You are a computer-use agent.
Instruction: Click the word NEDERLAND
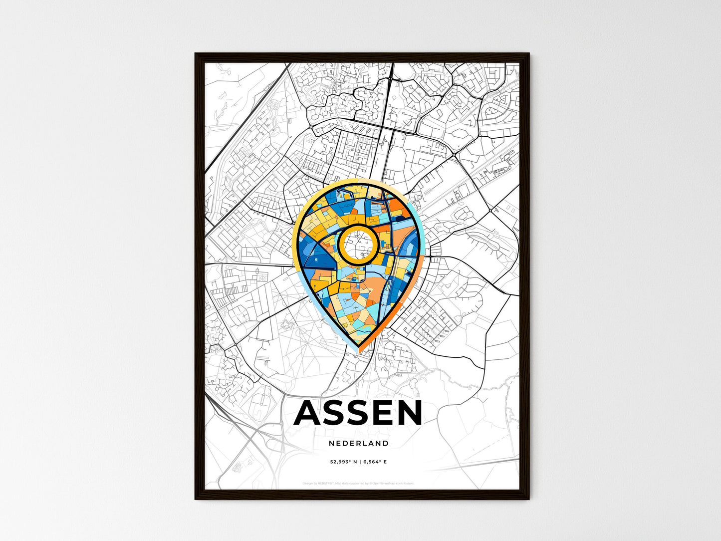[x=359, y=443]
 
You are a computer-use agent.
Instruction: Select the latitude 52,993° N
[x=342, y=462]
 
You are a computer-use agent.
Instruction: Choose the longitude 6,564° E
[x=375, y=462]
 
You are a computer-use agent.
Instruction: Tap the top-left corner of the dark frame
[x=196, y=54]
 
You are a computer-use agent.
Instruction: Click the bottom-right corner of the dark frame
[x=529, y=499]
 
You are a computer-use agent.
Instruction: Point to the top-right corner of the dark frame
[x=529, y=54]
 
